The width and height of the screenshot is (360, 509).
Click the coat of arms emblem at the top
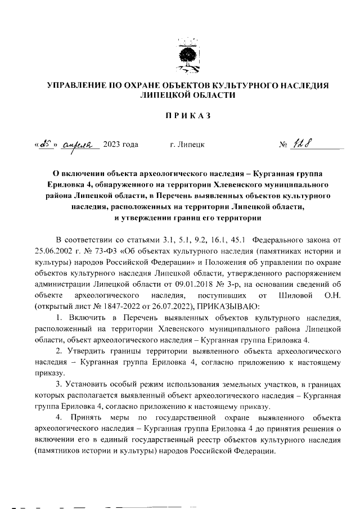coord(187,56)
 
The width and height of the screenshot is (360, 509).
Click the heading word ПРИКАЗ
coord(187,116)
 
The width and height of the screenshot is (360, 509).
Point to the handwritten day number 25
coord(43,144)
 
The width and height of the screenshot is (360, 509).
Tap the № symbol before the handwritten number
coord(283,146)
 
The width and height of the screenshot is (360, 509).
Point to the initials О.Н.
coord(332,295)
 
